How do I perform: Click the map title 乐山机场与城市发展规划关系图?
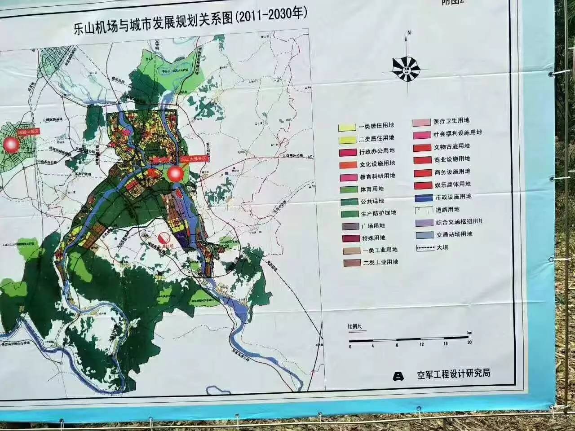(x=153, y=23)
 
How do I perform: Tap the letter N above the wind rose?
(x=409, y=33)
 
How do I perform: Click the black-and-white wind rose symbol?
(x=406, y=67)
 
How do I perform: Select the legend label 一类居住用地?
(x=376, y=126)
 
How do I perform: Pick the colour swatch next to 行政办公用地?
(x=348, y=153)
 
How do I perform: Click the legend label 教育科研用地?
(x=377, y=176)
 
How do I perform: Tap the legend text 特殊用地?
(x=373, y=238)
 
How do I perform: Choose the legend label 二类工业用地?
(x=380, y=262)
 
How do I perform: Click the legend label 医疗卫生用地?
(x=451, y=121)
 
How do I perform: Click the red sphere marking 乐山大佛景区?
(x=176, y=174)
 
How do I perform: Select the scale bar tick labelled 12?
(x=421, y=344)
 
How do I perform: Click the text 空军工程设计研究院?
(x=453, y=374)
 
